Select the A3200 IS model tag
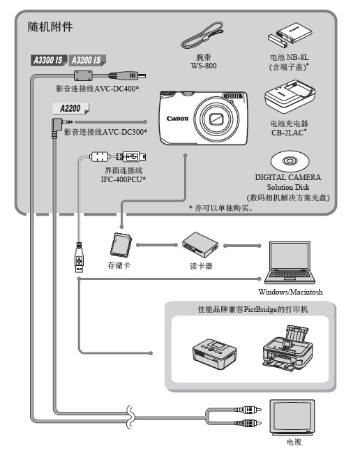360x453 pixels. [x=87, y=61]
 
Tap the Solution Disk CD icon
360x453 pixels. [x=290, y=162]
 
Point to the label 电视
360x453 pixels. [x=292, y=442]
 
